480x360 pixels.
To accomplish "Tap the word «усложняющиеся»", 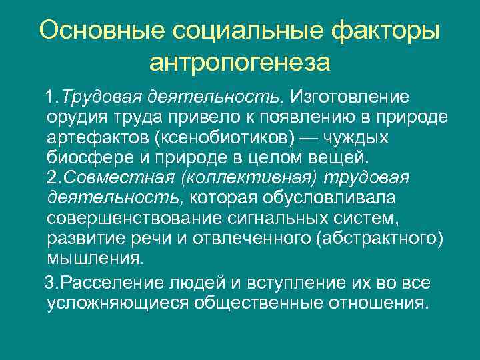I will coord(118,303).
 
